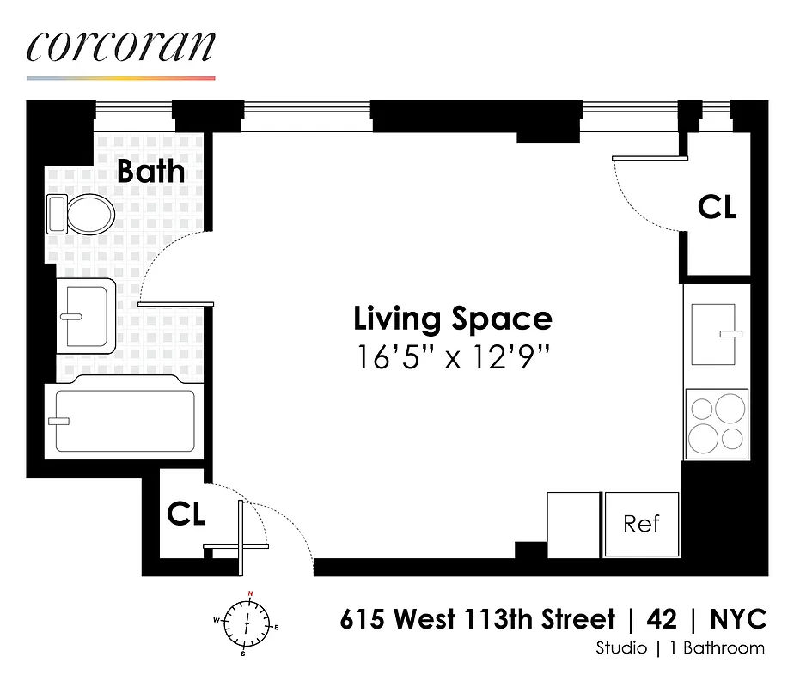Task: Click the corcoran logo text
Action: point(120,47)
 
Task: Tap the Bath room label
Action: point(150,171)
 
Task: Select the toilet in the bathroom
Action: point(82,213)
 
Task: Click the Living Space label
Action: point(452,319)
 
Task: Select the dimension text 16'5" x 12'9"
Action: point(452,356)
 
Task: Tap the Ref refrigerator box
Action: point(641,524)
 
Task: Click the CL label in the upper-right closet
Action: point(717,207)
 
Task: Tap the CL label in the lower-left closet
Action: point(186,514)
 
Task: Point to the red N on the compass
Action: point(250,594)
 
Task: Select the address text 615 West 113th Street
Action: point(477,619)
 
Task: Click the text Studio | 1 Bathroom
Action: point(679,648)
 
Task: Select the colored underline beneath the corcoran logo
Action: point(120,78)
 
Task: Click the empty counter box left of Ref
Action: point(573,524)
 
